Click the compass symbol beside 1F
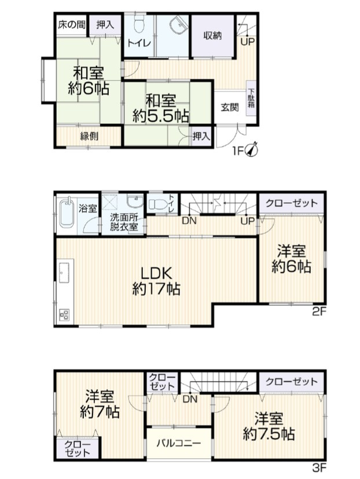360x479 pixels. (x=252, y=149)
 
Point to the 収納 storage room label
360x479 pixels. (x=212, y=36)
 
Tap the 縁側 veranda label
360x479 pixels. (x=89, y=137)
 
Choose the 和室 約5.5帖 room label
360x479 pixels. (x=160, y=108)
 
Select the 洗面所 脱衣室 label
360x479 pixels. (x=124, y=222)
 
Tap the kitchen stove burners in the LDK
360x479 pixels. (x=64, y=315)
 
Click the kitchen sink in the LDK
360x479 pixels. (x=64, y=270)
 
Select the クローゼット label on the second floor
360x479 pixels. (x=292, y=203)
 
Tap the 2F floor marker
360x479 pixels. (x=319, y=312)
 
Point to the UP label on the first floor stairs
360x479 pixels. (x=247, y=42)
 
